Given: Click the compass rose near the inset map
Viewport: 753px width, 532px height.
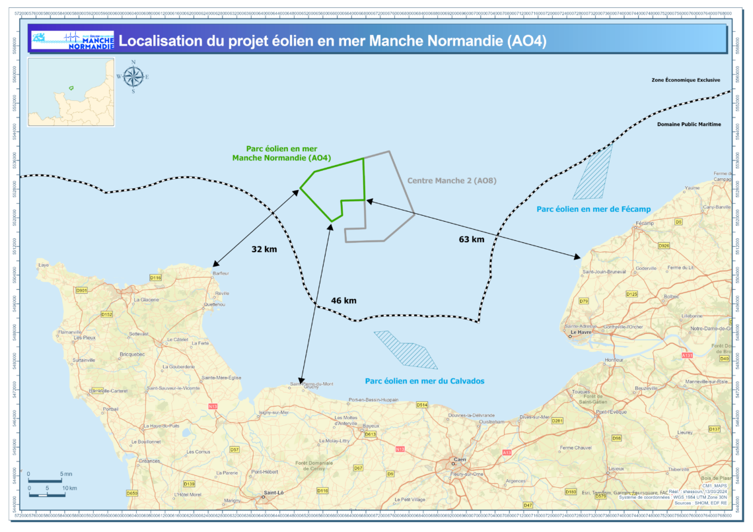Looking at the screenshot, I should [133, 77].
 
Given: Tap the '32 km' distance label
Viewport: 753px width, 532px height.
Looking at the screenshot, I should [264, 249].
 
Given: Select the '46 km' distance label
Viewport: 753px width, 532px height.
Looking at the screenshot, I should [343, 300].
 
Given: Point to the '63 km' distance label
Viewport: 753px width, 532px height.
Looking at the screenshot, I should [472, 239].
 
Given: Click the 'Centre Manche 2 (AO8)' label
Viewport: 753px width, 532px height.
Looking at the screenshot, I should [451, 180].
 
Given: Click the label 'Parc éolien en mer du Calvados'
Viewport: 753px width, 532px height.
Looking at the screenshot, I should [425, 381].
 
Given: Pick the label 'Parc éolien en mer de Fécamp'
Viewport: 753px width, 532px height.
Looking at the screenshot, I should [594, 209].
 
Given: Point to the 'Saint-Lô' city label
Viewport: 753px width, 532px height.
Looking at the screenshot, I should [273, 492].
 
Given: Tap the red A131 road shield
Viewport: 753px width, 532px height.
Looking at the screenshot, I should [688, 355].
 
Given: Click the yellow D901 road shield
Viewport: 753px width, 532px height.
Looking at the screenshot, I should [82, 290].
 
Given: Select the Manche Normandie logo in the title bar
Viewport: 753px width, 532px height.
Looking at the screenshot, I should [73, 40].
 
